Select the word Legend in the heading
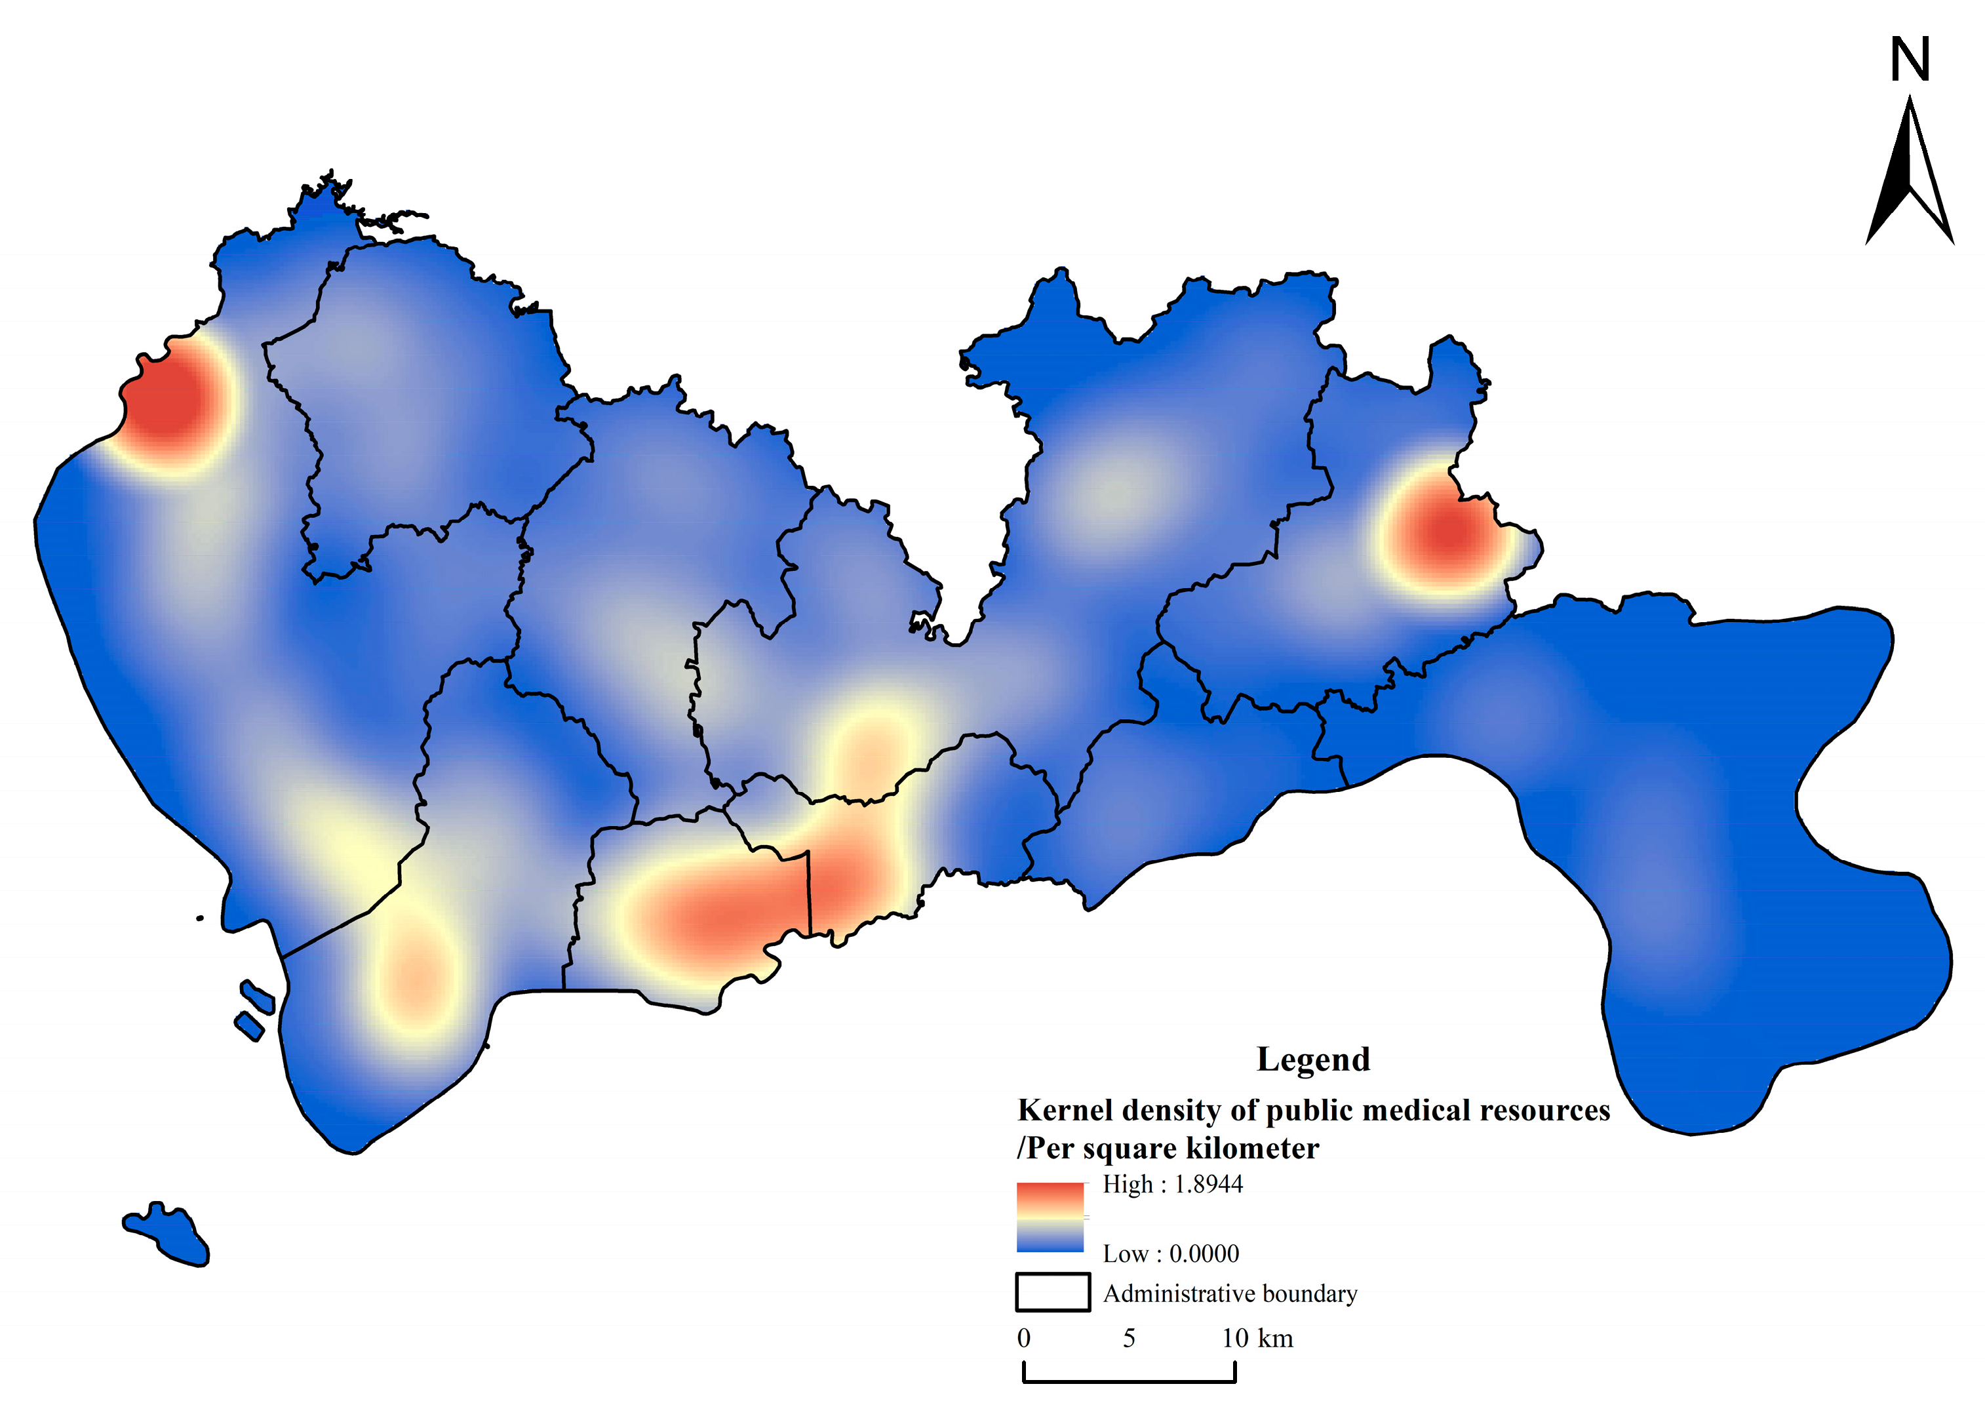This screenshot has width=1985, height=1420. click(x=1313, y=1059)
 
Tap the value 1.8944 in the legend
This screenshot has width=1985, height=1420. click(x=1208, y=1185)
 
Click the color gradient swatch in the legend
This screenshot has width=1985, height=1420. click(x=1050, y=1217)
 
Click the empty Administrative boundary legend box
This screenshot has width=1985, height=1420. click(x=1052, y=1292)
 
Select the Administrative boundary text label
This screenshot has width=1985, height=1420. click(x=1230, y=1294)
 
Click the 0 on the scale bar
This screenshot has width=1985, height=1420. click(x=1023, y=1339)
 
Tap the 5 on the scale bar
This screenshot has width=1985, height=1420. click(x=1130, y=1339)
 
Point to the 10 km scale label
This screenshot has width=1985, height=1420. click(x=1257, y=1339)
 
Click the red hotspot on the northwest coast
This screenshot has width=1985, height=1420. click(x=170, y=403)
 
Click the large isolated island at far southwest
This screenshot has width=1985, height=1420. click(x=168, y=1234)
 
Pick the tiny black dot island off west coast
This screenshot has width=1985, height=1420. click(x=200, y=918)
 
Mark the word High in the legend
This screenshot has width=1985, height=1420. click(x=1128, y=1185)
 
